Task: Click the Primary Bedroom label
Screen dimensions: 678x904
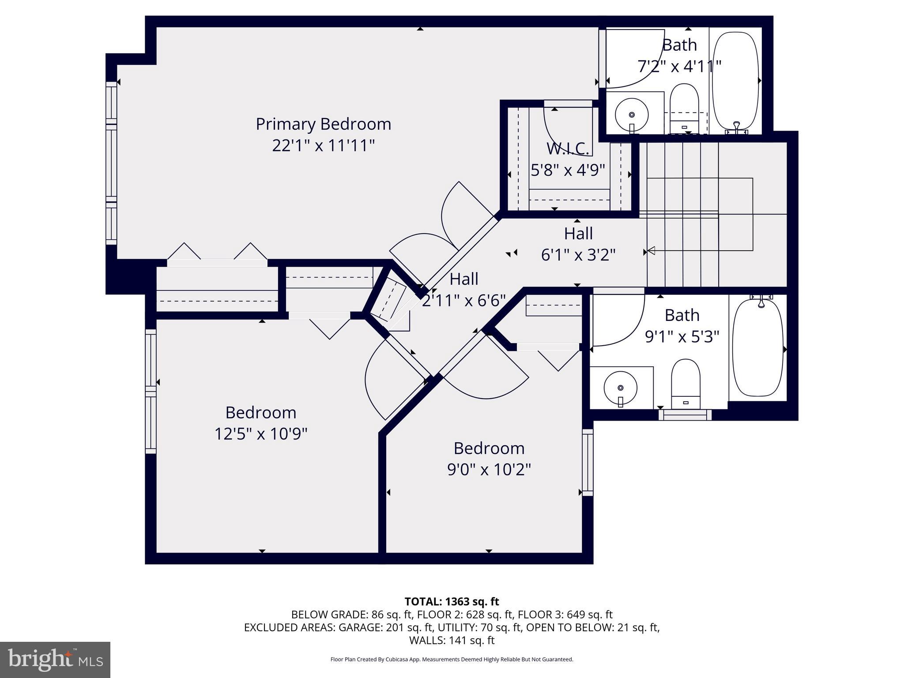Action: [x=323, y=124]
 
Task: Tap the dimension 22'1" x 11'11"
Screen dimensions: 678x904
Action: [x=323, y=146]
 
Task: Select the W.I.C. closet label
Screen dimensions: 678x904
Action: [x=568, y=149]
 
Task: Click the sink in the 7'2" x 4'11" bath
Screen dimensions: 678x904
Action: [x=631, y=114]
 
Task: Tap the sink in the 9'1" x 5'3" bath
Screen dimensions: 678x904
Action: [x=620, y=388]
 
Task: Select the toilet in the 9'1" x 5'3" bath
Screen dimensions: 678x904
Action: [x=686, y=383]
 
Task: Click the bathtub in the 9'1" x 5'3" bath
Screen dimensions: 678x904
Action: [x=757, y=348]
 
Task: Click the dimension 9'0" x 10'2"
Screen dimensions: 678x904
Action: [x=489, y=470]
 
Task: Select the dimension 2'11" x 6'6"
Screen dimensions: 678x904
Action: [x=463, y=301]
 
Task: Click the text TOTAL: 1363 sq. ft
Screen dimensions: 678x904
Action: [x=452, y=602]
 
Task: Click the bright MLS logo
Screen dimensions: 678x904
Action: [x=55, y=659]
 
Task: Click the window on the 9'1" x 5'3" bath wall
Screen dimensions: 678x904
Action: [x=685, y=415]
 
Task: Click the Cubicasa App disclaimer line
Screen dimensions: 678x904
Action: [x=452, y=659]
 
